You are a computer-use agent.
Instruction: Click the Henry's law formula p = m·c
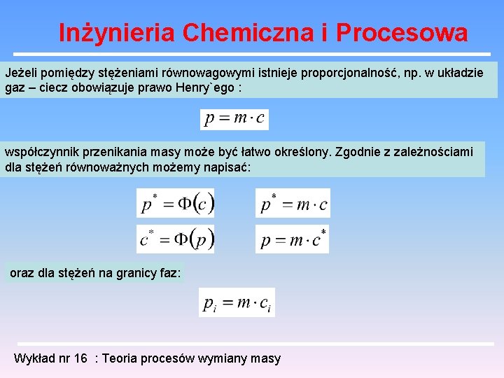pos(234,119)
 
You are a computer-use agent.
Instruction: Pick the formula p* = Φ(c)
pos(175,203)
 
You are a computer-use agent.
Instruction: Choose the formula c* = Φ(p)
pos(175,239)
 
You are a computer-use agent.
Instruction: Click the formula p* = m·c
pos(293,203)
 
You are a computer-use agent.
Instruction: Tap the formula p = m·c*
pos(293,239)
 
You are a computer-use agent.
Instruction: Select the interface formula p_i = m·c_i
pos(237,302)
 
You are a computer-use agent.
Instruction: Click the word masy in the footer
pos(267,358)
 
